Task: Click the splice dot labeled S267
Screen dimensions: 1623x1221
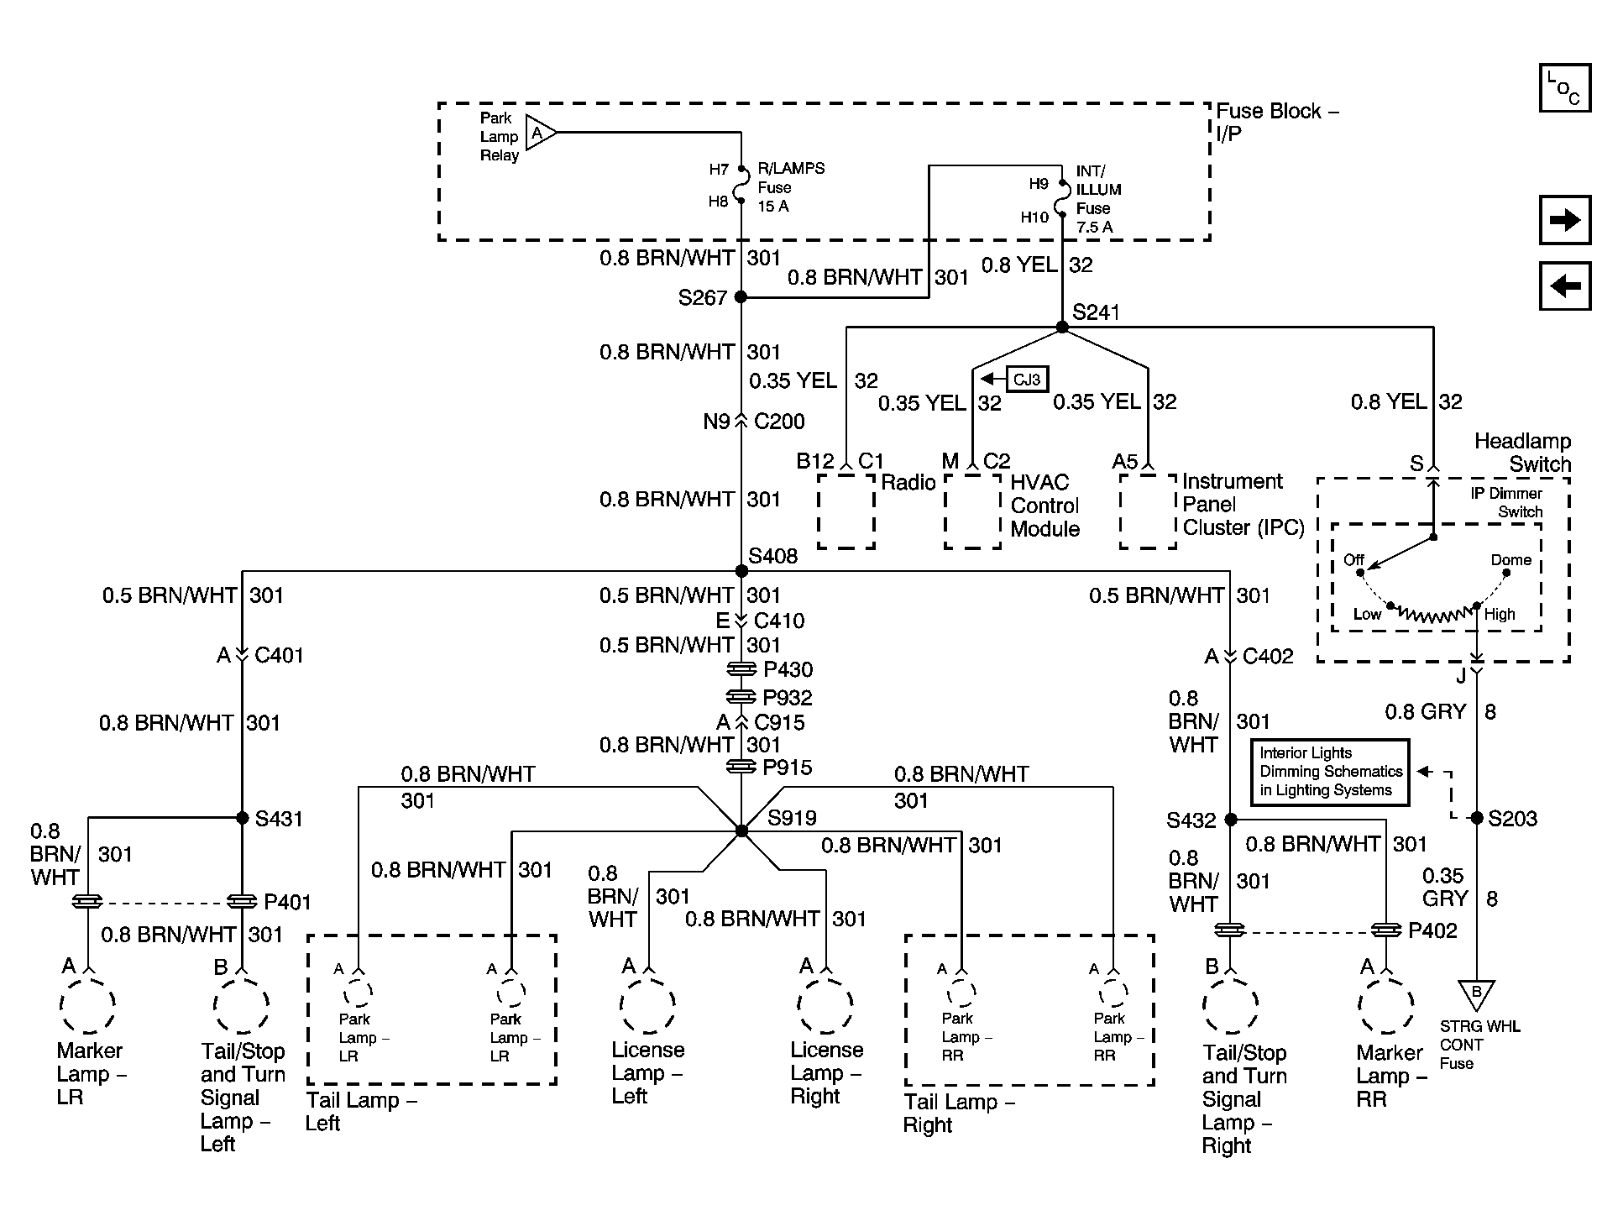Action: [x=741, y=296]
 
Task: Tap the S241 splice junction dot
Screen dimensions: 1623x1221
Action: [x=1062, y=327]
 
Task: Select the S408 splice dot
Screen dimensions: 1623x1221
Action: [x=741, y=571]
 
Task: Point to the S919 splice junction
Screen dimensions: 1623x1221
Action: [x=741, y=831]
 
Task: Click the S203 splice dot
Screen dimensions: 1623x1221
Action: [x=1477, y=818]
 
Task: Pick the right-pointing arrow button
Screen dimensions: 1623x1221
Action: [x=1565, y=220]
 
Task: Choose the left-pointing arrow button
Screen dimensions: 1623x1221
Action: [x=1565, y=286]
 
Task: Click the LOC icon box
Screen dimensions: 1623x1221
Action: [x=1565, y=87]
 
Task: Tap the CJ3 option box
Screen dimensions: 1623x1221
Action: [x=1028, y=380]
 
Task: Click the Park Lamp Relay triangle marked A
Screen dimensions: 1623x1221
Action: [x=539, y=133]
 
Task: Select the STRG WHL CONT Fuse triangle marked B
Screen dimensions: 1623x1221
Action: [x=1476, y=994]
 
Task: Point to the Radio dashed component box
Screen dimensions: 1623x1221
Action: [x=846, y=511]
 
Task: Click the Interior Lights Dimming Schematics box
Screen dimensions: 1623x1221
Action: [x=1329, y=772]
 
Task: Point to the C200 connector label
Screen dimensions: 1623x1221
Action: [x=779, y=422]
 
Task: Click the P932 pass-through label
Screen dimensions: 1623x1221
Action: [x=788, y=697]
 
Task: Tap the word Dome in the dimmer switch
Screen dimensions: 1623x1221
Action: [x=1511, y=560]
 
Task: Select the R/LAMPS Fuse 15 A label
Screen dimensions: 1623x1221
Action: [x=791, y=187]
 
